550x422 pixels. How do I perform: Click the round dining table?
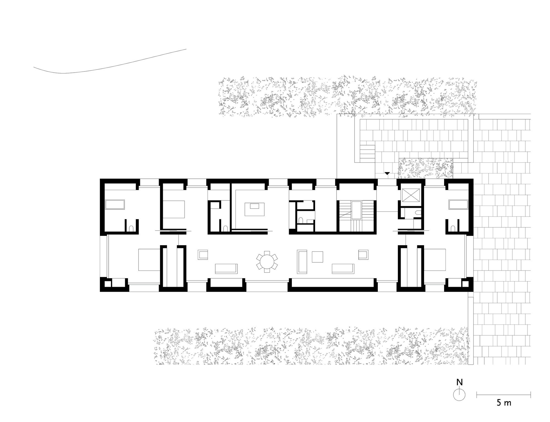[x=267, y=262]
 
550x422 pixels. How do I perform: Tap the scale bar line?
[x=504, y=395]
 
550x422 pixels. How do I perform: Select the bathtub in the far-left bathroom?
[x=115, y=205]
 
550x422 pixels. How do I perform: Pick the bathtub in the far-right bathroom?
[x=458, y=205]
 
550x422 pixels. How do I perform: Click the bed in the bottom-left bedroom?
[x=149, y=260]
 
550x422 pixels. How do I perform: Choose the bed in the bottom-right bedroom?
[x=435, y=260]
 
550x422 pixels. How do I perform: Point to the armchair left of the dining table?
[x=203, y=255]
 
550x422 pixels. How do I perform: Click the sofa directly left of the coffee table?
[x=302, y=262]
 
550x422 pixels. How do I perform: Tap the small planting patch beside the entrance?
[x=425, y=168]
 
